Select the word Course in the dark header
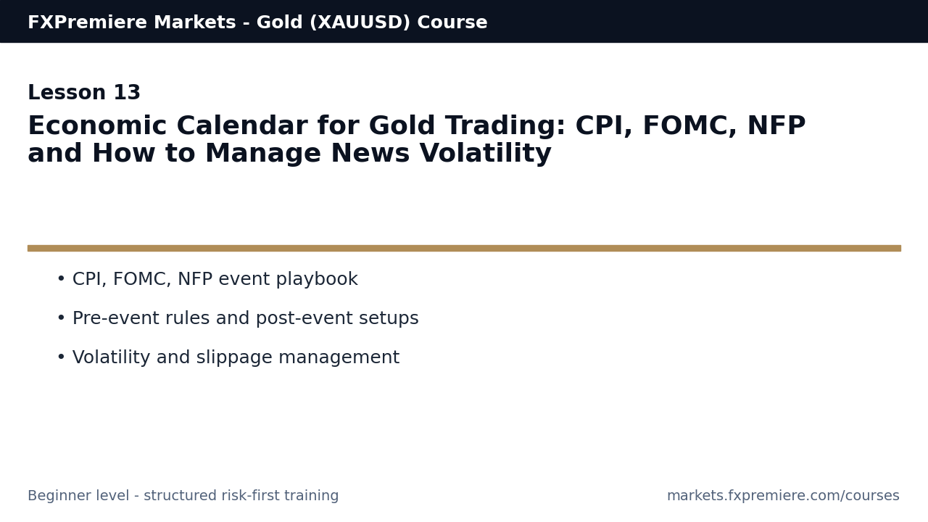pyautogui.click(x=452, y=22)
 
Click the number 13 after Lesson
pyautogui.click(x=127, y=94)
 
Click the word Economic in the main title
pyautogui.click(x=97, y=127)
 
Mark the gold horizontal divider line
pyautogui.click(x=464, y=248)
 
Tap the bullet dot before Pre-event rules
pyautogui.click(x=61, y=318)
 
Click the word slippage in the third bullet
pyautogui.click(x=236, y=358)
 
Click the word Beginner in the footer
pyautogui.click(x=57, y=496)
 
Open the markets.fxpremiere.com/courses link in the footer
pyautogui.click(x=783, y=496)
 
